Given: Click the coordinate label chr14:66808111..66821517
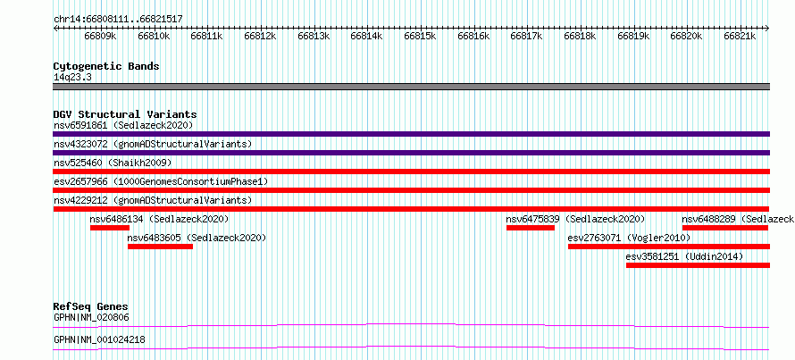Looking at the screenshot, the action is coord(118,20).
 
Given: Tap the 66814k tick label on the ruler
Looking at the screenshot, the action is coord(367,36).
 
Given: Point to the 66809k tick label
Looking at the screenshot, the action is coord(100,36).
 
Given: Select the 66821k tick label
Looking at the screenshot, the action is coord(740,36).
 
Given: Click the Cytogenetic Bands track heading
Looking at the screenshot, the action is coord(106,66).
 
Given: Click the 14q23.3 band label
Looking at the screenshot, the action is coord(72,78).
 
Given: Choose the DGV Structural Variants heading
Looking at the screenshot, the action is coord(125,114).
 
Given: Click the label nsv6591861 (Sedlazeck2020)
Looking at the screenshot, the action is coord(123,125).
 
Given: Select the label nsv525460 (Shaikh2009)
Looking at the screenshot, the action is coord(113,163).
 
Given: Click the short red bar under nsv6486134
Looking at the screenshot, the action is coord(110,228).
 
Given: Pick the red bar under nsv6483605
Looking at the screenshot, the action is coord(160,247).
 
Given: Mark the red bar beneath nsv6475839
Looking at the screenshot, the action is coord(531,228).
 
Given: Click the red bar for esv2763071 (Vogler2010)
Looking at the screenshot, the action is coord(669,247).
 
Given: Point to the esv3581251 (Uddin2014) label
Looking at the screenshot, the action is coord(684,257).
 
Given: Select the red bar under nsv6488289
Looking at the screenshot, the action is coord(725,228).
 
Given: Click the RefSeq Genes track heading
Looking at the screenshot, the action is coord(90,306).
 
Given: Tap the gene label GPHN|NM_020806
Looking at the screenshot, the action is coord(91,318).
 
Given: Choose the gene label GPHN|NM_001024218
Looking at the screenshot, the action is coord(99,339).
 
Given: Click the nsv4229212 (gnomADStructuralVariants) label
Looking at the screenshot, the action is coord(153,200).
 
